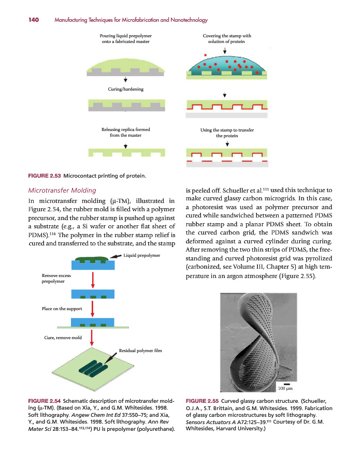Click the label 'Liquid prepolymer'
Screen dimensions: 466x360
[143, 255]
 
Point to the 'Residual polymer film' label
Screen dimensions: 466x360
[140, 351]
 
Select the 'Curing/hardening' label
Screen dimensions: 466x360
[125, 89]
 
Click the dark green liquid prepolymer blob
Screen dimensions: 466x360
[92, 258]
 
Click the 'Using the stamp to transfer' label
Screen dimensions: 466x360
[227, 130]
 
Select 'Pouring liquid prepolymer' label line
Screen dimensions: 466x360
[125, 36]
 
